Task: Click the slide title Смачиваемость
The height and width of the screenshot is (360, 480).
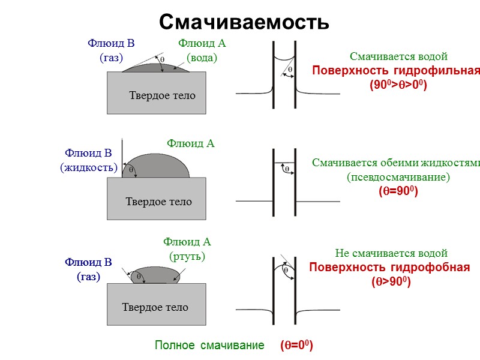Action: [x=244, y=22]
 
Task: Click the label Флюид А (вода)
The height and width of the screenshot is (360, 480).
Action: [x=202, y=50]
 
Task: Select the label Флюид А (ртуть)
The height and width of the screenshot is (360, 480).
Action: [x=187, y=249]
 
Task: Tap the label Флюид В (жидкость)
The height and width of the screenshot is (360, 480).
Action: [x=89, y=160]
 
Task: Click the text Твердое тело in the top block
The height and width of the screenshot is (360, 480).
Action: [x=162, y=95]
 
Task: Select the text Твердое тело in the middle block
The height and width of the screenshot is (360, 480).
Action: [x=158, y=202]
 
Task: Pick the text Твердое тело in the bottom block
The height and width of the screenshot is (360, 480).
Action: [x=155, y=307]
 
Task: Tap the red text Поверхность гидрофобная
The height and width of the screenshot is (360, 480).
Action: [x=389, y=267]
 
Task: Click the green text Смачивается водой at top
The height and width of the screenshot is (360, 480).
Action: [x=399, y=57]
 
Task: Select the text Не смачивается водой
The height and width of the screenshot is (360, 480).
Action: [x=391, y=253]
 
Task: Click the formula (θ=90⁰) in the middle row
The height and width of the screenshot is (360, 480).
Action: [x=398, y=191]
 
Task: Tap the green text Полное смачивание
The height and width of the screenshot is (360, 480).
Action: [x=209, y=346]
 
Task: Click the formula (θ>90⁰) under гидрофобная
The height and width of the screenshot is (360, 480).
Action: [x=391, y=281]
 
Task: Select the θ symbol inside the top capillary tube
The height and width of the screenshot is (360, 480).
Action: [x=290, y=69]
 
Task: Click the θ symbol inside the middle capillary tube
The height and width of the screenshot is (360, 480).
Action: [x=287, y=169]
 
